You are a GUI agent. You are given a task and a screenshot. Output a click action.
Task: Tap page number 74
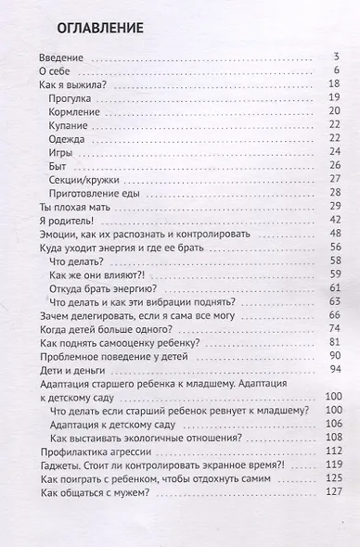coord(335,328)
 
